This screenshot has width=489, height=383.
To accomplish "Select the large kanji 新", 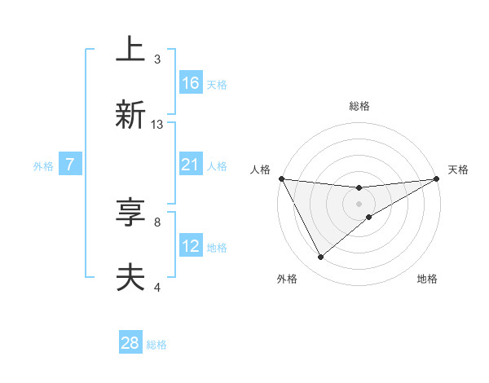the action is click(x=131, y=114).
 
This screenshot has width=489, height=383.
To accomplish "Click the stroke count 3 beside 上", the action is click(x=157, y=59).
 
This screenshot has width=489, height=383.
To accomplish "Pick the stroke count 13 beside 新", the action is click(x=157, y=125).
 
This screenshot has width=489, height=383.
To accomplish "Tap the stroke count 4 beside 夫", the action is click(x=157, y=287).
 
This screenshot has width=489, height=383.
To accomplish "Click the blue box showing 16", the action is click(x=191, y=83).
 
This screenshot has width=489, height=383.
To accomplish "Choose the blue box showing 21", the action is click(x=191, y=165).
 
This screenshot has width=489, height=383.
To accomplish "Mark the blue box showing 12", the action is click(x=191, y=246).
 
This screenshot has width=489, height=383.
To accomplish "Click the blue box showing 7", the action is click(x=70, y=165).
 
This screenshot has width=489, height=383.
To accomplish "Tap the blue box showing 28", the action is click(x=130, y=343).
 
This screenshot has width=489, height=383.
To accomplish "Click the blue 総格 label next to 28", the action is click(x=156, y=345).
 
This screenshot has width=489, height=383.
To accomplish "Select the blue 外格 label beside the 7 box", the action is click(x=43, y=165).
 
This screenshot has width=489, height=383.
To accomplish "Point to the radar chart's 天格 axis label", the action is click(x=458, y=169).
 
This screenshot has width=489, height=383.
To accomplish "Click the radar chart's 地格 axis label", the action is click(x=427, y=279).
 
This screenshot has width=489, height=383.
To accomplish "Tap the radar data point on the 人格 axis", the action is click(x=282, y=178).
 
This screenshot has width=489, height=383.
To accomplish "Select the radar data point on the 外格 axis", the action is click(x=320, y=258).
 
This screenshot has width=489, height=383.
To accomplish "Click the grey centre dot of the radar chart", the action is click(x=359, y=203).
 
